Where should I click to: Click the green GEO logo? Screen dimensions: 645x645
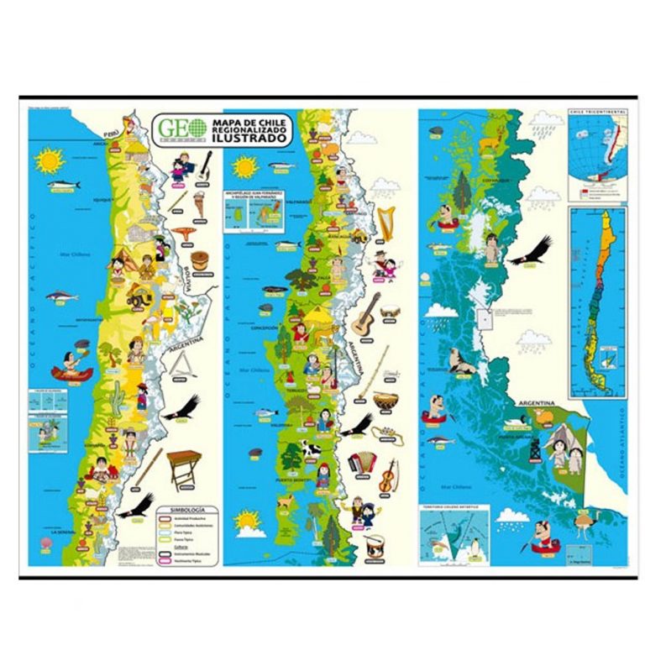[179, 128]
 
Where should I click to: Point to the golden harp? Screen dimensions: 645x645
[385, 222]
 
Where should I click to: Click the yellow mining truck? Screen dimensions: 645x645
[138, 296]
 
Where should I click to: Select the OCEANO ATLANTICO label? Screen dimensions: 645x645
[622, 444]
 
